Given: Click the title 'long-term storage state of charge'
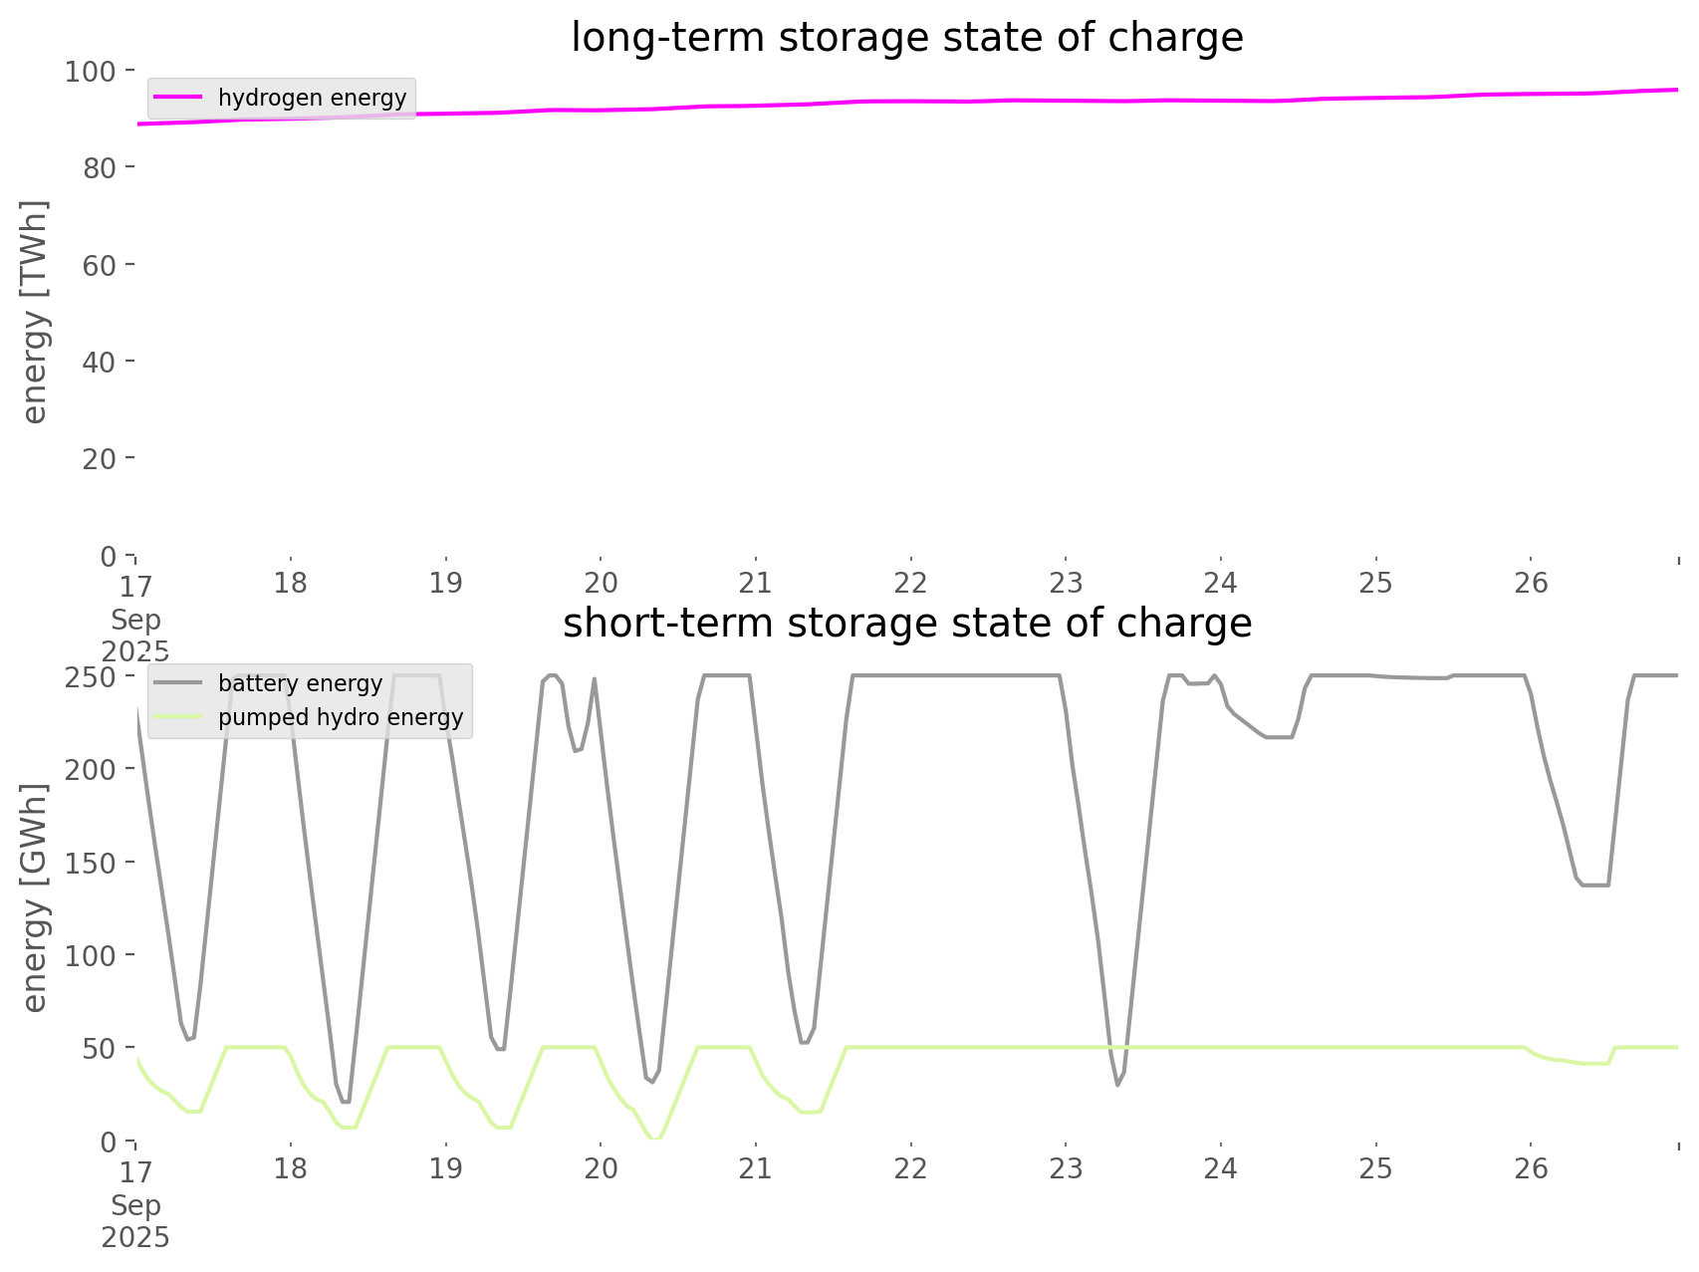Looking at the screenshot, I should tap(906, 38).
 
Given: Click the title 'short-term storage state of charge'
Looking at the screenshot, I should tap(906, 624).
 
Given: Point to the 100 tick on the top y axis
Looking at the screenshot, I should tap(91, 72).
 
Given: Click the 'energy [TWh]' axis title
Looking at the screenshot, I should tap(34, 312).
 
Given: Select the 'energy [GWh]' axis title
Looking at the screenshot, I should tap(34, 897).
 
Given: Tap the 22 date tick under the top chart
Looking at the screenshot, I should tap(910, 583).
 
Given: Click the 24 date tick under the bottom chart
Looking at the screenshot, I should tap(1221, 1168).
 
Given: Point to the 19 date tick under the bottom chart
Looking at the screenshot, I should tap(445, 1168).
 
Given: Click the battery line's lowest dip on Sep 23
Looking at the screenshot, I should tap(1117, 1085).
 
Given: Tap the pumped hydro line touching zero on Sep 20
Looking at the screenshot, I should tap(654, 1139).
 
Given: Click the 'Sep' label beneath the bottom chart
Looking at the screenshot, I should tap(135, 1205).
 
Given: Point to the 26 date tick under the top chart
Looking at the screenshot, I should tap(1532, 583).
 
